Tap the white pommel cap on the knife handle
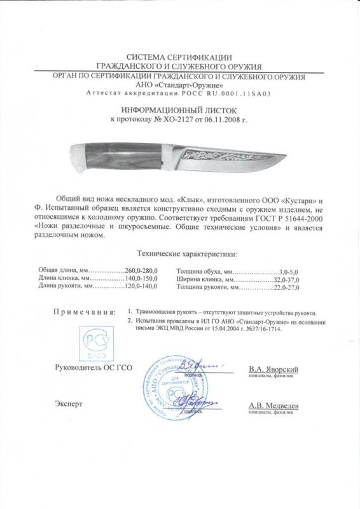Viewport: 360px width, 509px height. tap(76, 156)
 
